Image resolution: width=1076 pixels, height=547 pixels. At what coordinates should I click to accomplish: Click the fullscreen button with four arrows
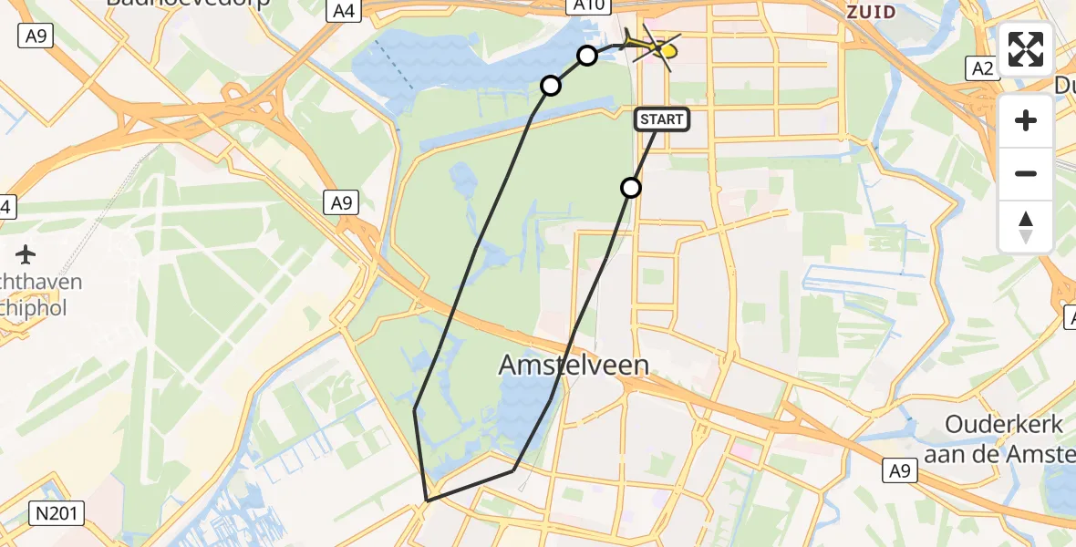[1026, 49]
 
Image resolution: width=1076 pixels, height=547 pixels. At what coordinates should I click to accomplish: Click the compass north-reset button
[1026, 227]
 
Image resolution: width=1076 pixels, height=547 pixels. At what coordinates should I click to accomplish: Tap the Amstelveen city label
[574, 366]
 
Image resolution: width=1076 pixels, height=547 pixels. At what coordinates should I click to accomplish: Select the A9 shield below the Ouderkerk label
[900, 470]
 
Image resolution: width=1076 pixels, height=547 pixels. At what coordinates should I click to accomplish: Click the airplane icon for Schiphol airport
[25, 253]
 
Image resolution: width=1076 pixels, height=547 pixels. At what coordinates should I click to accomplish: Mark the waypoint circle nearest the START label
[631, 188]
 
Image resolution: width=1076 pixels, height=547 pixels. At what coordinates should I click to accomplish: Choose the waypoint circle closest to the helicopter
[587, 56]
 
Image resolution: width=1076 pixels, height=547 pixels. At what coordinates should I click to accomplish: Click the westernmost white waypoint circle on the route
[551, 86]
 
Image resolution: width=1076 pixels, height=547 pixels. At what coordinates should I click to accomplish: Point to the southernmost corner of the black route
[427, 501]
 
